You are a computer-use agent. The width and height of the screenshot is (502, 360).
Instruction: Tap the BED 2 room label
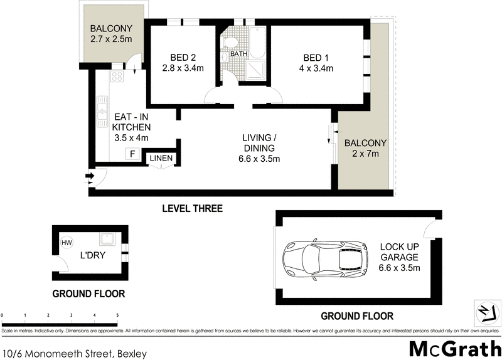(176, 56)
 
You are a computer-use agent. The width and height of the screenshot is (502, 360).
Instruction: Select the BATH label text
(238, 55)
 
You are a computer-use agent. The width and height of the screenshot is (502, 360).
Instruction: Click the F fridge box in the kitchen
(132, 154)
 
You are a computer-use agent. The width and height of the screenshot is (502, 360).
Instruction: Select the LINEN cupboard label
(161, 159)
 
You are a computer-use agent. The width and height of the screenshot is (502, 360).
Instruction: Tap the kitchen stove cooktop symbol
(117, 77)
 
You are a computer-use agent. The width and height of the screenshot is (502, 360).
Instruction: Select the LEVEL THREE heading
(193, 208)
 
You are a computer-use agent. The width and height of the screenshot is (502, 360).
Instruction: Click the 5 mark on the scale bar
(117, 315)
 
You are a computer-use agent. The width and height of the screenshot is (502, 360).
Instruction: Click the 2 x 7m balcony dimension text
(365, 154)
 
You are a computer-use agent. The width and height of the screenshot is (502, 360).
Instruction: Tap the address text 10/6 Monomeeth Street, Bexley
(75, 354)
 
